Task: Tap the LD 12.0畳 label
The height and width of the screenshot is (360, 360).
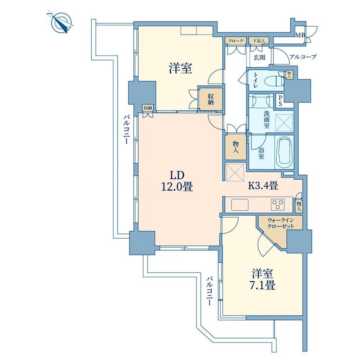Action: coord(177,182)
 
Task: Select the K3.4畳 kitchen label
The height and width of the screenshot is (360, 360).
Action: coord(263,185)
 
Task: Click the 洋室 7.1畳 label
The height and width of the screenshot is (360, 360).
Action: coord(263,280)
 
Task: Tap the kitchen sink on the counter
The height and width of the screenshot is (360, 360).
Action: coord(240,205)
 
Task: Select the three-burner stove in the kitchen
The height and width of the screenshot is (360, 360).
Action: coord(278,204)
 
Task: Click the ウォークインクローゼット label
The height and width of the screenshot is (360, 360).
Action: coord(281,223)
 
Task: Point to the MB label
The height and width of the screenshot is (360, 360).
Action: coord(300,35)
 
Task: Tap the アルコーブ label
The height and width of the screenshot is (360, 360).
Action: coord(303,57)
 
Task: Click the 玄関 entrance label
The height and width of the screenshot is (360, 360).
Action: coord(259,57)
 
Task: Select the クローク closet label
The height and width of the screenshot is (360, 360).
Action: coord(236,41)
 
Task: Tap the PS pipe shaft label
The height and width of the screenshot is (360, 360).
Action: coord(280,101)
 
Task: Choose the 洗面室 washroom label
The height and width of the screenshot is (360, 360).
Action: coord(266,120)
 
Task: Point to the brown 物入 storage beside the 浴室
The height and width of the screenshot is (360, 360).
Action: coord(236,147)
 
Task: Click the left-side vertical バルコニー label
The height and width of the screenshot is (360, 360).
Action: coord(126,130)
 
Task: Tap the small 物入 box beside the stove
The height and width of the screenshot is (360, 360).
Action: coord(299,206)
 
